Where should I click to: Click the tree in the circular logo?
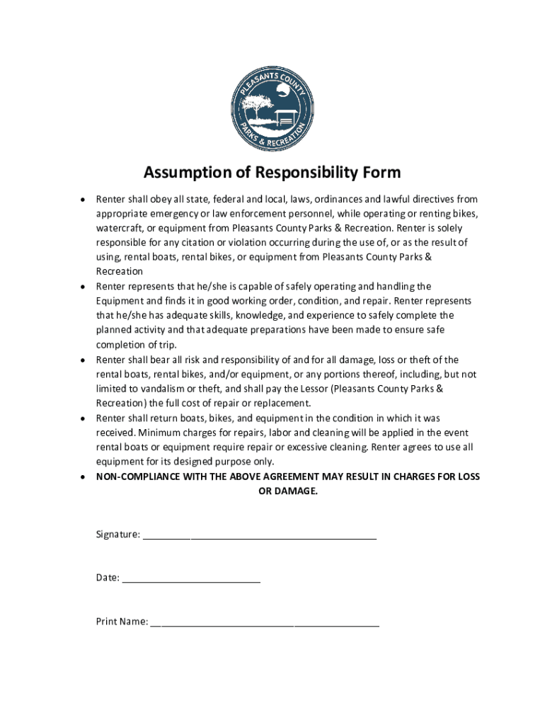coord(253,106)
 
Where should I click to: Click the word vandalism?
coord(154,389)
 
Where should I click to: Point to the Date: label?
coord(108,578)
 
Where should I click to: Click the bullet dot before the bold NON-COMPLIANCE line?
coord(83,477)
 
